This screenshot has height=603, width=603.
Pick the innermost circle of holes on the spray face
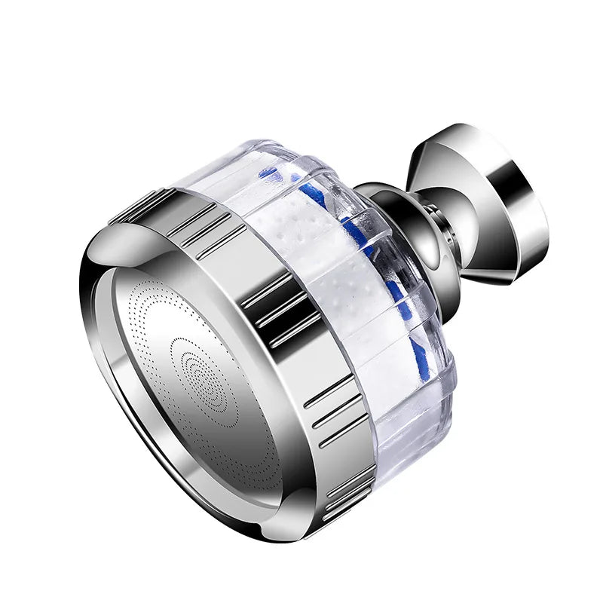click(197, 360)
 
